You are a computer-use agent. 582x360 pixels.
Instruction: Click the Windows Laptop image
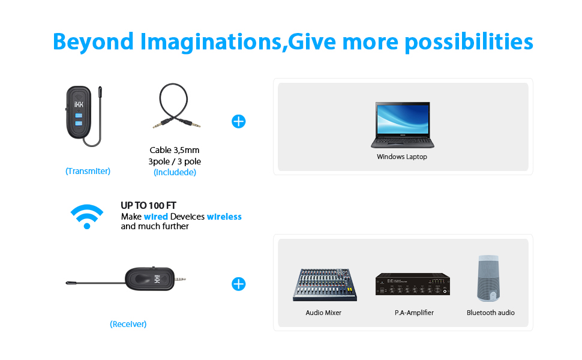[403, 125]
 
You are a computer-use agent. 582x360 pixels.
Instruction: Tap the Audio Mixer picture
[325, 284]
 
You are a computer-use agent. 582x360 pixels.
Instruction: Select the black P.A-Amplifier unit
[413, 284]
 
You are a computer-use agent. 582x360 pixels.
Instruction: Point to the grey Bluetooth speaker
[488, 278]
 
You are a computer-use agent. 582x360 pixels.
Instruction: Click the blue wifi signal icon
[87, 217]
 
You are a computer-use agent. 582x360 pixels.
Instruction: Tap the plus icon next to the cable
[239, 121]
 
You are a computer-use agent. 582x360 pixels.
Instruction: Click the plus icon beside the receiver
[239, 284]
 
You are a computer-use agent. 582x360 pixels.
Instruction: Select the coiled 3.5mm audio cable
[175, 106]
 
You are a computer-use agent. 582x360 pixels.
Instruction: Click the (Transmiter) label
[88, 171]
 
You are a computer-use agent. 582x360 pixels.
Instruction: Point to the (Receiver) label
[128, 324]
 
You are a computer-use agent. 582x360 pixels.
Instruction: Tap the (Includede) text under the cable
[175, 172]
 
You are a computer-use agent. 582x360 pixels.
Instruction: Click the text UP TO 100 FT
[148, 206]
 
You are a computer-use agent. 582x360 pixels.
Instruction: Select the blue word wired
[156, 217]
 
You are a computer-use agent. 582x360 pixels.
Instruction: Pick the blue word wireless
[224, 217]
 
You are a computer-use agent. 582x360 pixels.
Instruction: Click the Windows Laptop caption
[402, 157]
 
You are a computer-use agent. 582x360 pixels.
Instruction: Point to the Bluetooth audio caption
[491, 313]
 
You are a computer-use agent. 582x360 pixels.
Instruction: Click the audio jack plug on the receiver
[180, 279]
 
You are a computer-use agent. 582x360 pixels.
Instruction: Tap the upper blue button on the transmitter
[79, 115]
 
